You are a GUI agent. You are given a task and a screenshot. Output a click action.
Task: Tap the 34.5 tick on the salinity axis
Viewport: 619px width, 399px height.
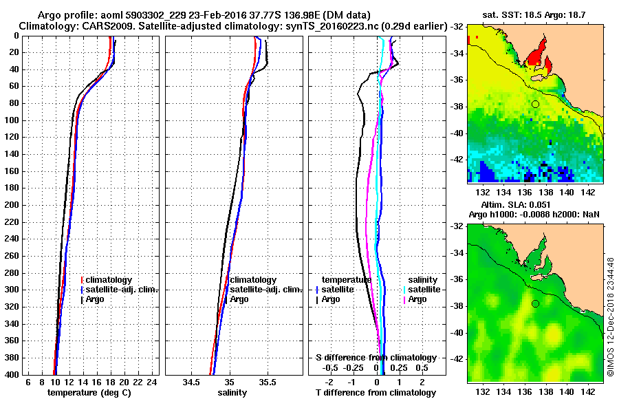[x=192, y=381]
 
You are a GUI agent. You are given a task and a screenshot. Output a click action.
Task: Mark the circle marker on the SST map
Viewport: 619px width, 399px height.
[x=535, y=104]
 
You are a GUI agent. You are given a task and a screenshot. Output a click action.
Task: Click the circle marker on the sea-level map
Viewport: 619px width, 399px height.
[x=535, y=303]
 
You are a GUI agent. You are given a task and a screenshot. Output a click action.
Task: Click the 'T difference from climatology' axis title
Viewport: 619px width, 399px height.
[x=376, y=392]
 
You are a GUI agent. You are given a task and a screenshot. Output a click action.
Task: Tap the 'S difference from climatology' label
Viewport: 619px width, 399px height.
[x=376, y=357]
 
